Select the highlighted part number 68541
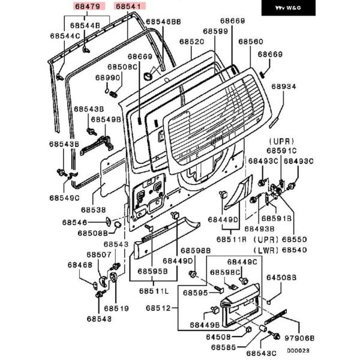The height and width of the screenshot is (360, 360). coord(128,7)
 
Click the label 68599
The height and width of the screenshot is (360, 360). coord(215,31)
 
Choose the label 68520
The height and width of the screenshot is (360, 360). coord(191,43)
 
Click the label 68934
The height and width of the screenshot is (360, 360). coord(283,87)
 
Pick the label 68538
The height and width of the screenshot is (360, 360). coord(94,210)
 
